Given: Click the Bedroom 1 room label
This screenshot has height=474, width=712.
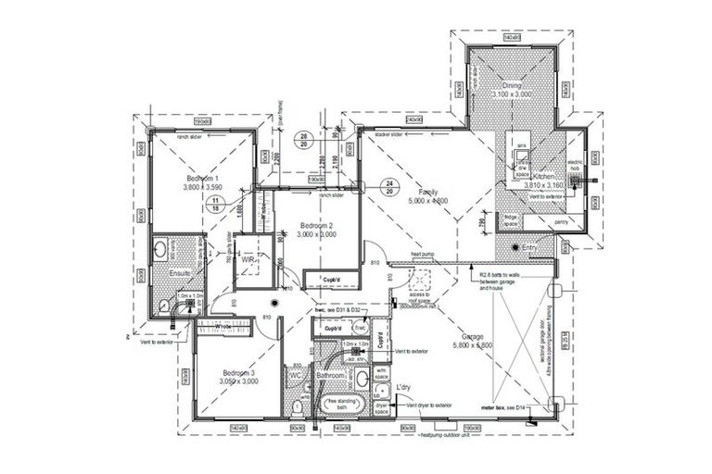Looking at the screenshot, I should coord(201,178).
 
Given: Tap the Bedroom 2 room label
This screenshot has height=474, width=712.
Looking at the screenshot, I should coord(315,226).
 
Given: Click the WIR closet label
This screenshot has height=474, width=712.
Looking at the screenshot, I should coord(248,261).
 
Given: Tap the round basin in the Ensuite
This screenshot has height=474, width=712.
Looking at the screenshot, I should coord(161,249).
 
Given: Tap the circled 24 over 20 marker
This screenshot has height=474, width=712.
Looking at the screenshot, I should coord(391,186).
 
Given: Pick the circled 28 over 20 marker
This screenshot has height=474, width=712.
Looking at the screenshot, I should coord(302,142).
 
